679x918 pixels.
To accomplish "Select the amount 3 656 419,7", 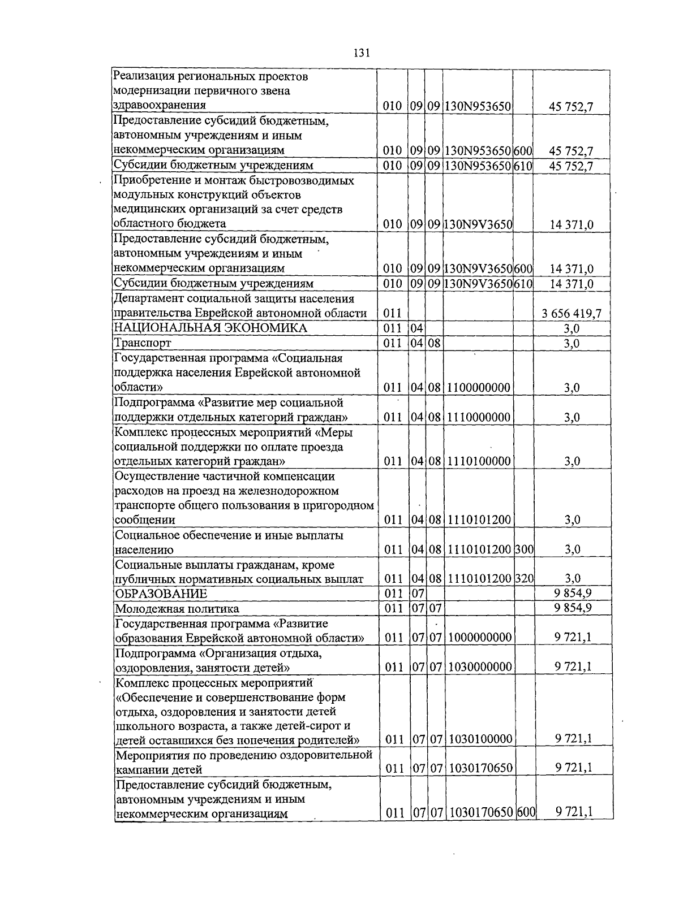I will (x=571, y=314).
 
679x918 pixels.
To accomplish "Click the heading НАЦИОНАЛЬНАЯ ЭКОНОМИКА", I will (x=210, y=328).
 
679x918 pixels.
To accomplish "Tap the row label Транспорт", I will (x=143, y=343).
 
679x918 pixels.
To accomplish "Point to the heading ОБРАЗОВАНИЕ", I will (x=161, y=594).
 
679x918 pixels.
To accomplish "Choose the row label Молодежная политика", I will (x=177, y=609).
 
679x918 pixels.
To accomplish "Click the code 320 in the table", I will (x=524, y=578).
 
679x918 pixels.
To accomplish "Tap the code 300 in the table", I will (x=524, y=549).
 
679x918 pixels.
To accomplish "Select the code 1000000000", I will (x=480, y=638).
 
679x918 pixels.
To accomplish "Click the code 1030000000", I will (x=480, y=667).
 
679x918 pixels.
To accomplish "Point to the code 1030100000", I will (x=480, y=739).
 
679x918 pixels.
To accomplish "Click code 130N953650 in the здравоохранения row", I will (x=478, y=106).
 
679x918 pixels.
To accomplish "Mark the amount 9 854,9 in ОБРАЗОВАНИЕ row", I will (x=573, y=593).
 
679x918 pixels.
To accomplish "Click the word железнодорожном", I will (x=294, y=491).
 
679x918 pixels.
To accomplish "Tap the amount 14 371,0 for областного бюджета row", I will (x=571, y=225).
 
